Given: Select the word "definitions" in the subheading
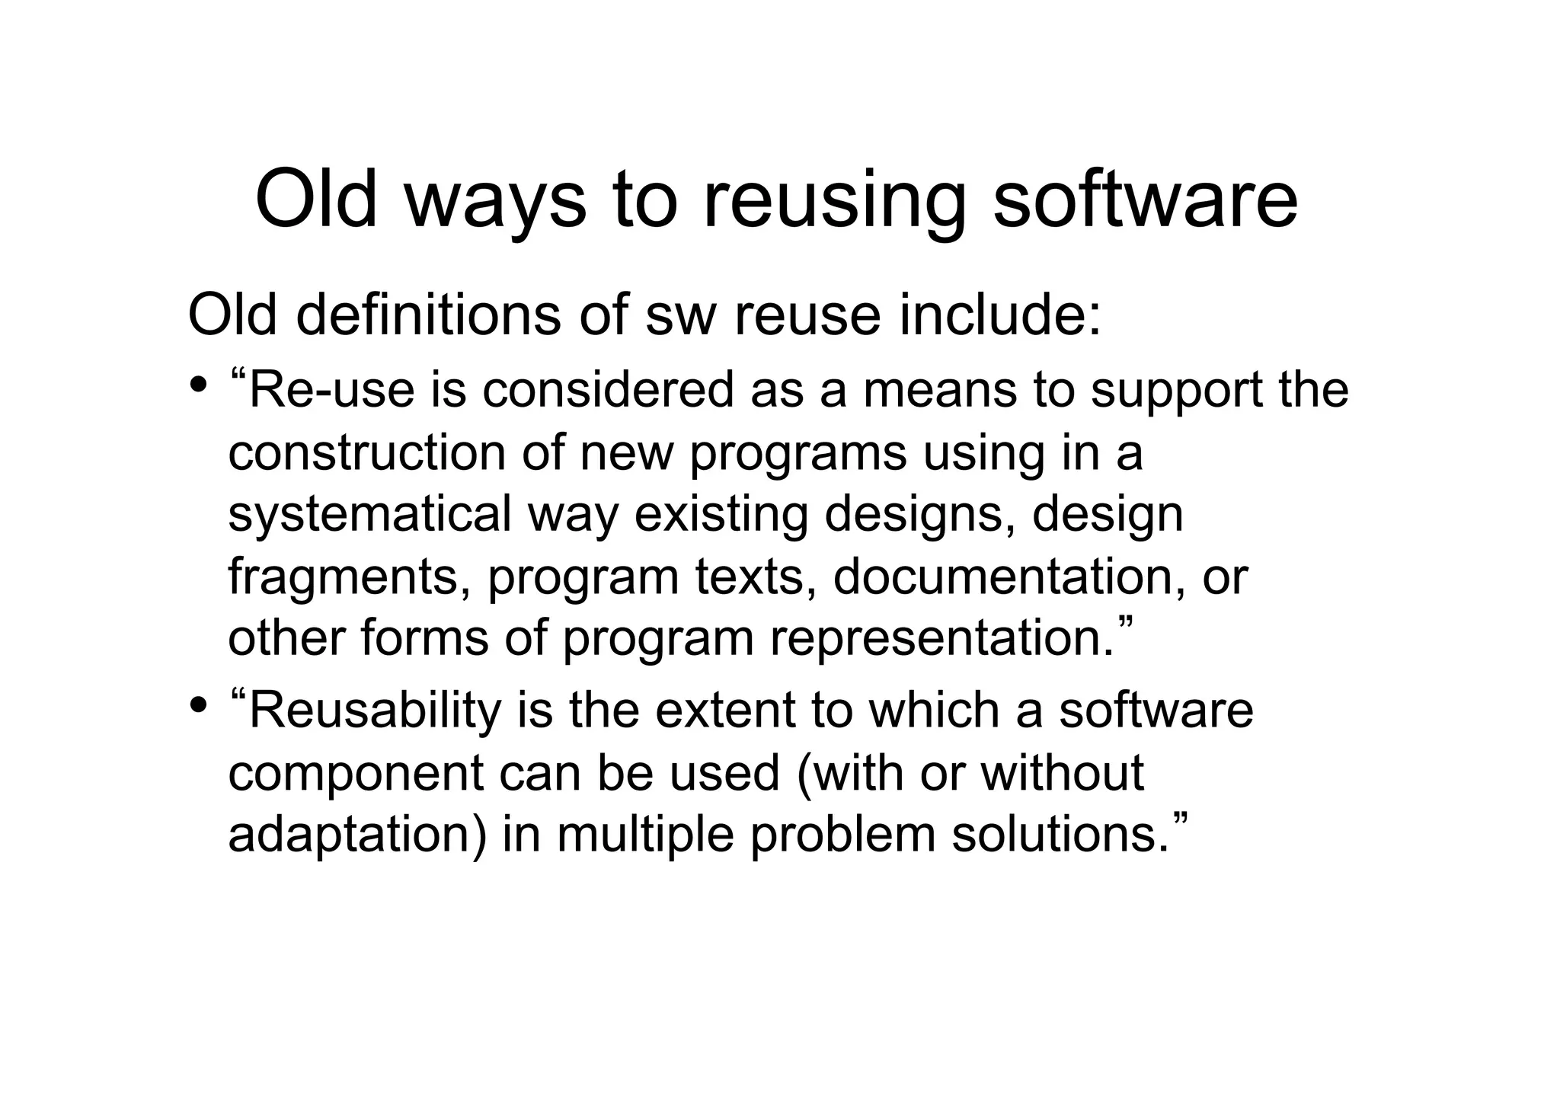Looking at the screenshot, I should (427, 315).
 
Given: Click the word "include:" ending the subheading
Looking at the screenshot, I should (1000, 315).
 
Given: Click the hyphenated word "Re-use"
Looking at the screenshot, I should (332, 390).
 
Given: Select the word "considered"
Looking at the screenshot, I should (607, 390).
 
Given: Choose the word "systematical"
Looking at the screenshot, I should (369, 515).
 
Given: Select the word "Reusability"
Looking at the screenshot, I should (376, 711).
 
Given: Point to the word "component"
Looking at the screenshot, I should (356, 773).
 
